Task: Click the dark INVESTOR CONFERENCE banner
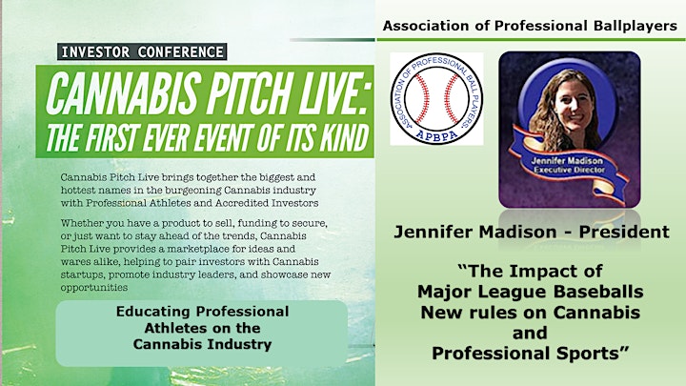click(x=142, y=51)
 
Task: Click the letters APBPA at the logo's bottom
click(x=436, y=134)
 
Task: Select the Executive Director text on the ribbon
click(x=570, y=170)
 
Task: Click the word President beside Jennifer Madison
click(x=624, y=232)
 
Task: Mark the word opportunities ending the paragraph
click(x=94, y=288)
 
